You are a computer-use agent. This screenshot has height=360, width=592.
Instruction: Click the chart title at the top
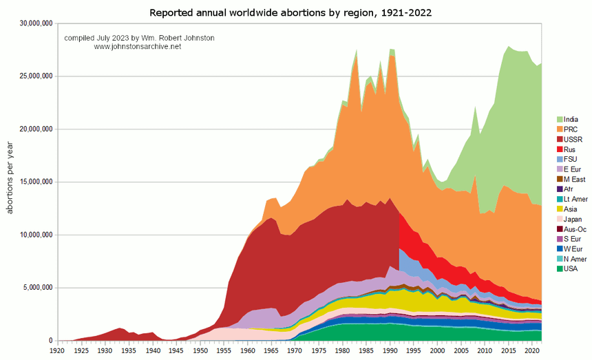point(296,12)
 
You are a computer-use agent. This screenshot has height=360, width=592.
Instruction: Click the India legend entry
point(569,120)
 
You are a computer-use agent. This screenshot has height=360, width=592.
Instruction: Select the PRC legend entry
point(569,129)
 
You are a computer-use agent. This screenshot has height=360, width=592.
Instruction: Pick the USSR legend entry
point(571,140)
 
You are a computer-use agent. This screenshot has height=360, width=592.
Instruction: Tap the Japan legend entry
point(571,219)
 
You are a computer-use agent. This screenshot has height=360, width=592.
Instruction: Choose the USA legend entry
point(570,268)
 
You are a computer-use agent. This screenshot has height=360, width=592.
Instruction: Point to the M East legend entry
point(573,179)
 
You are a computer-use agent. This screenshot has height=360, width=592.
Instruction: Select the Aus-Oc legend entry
point(573,229)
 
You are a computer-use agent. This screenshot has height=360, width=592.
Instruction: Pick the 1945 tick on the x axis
point(176,350)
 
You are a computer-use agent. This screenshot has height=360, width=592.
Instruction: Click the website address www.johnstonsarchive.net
point(137,47)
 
